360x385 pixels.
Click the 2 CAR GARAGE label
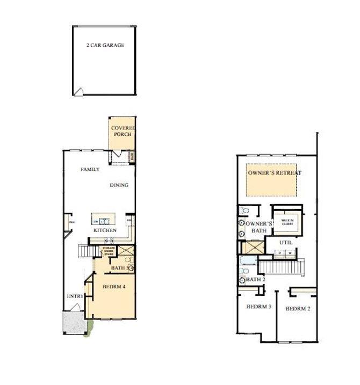click(105, 46)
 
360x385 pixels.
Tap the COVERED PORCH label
click(123, 131)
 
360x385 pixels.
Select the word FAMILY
click(90, 169)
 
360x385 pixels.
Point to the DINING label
click(119, 185)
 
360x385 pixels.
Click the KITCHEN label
click(105, 230)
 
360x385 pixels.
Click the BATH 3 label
click(118, 267)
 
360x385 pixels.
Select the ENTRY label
click(74, 296)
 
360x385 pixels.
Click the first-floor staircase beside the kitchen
click(87, 251)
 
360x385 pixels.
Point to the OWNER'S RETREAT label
click(275, 173)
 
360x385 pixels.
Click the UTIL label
click(285, 242)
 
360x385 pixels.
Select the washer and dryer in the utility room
click(284, 252)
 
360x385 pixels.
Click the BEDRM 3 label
click(258, 307)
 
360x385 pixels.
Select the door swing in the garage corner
click(78, 92)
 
